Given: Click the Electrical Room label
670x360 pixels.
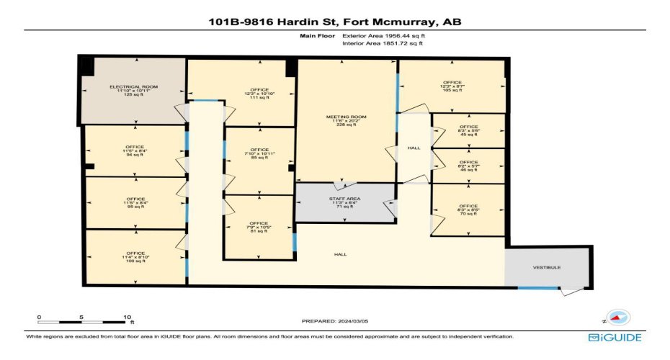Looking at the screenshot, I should [x=133, y=90].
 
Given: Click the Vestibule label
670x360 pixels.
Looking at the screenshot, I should [x=547, y=267].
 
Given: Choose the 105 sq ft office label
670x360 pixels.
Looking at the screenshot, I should [x=452, y=86].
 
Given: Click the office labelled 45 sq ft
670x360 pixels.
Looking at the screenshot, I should [x=468, y=130].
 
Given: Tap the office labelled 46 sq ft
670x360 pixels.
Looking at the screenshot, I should [x=468, y=166].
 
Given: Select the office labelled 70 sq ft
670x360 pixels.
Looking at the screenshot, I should [x=468, y=210].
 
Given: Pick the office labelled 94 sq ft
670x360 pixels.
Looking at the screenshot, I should [x=135, y=150].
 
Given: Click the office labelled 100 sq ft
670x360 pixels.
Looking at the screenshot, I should [x=135, y=257].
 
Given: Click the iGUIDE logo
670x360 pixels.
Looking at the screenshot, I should [x=614, y=337].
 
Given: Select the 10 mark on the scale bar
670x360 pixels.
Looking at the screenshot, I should [x=127, y=318].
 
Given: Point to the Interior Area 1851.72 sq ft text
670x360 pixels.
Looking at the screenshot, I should [x=383, y=44].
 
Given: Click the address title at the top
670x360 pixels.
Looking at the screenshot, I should [x=334, y=22].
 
